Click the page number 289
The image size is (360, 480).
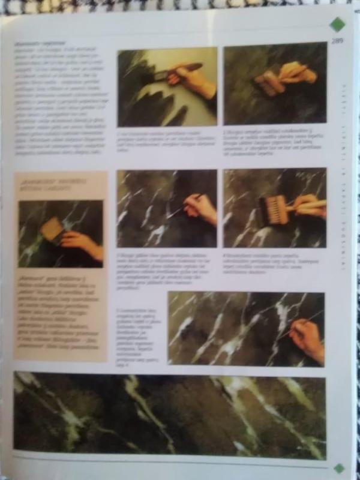tap(337, 41)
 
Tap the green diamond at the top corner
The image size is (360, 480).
tap(337, 24)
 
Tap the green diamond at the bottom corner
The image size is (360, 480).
tap(339, 468)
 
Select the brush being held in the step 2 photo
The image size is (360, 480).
tap(268, 83)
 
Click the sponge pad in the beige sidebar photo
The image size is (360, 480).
tap(52, 230)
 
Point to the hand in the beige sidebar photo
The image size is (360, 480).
tap(82, 242)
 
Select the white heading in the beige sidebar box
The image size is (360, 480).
tap(46, 182)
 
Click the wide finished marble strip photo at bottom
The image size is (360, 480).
tap(169, 415)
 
